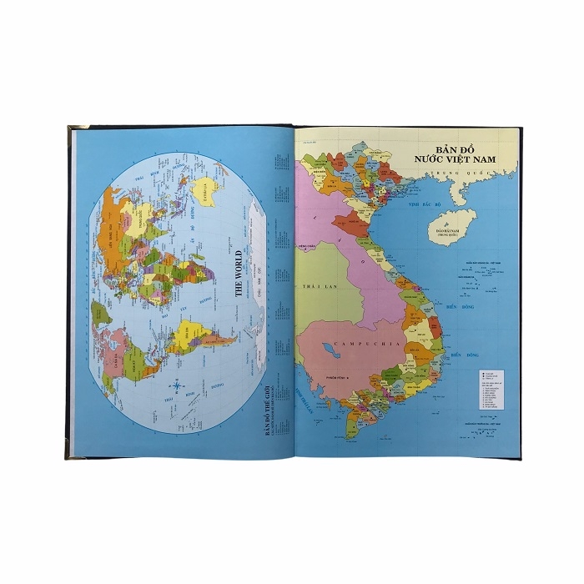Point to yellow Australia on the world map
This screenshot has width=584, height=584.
pyautogui.click(x=201, y=195)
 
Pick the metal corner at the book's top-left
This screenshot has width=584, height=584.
pyautogui.click(x=72, y=131)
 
